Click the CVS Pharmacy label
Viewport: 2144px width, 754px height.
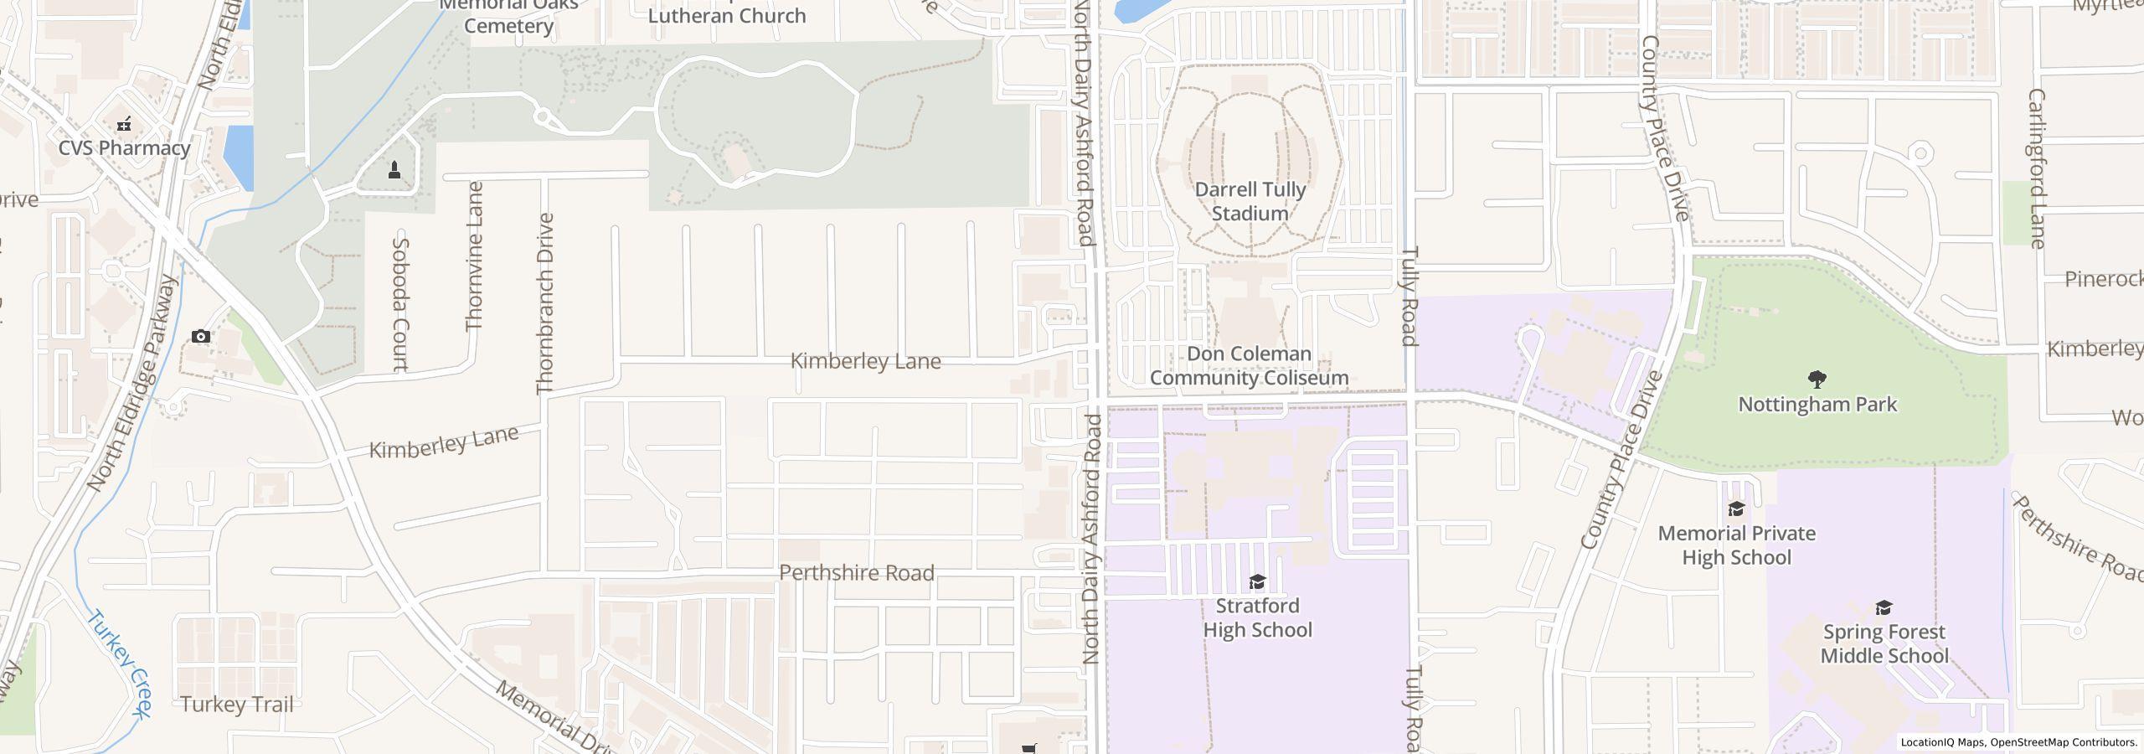[124, 148]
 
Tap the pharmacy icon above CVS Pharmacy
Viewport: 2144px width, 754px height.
[124, 125]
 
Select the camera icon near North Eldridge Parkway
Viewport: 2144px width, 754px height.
[201, 337]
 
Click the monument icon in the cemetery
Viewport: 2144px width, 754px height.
[394, 171]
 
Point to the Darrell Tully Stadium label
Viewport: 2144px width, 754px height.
[1250, 202]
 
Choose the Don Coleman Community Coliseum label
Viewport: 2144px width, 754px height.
[1249, 366]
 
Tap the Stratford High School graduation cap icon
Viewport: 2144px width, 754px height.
[1257, 582]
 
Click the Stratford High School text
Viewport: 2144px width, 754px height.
[1257, 618]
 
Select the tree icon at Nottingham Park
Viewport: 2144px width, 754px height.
[1817, 380]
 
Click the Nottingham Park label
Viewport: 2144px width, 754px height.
[1817, 405]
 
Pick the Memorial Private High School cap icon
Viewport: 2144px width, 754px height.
[1736, 509]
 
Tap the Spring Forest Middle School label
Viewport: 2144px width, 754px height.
[1884, 643]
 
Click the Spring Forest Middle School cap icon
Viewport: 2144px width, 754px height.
[1884, 607]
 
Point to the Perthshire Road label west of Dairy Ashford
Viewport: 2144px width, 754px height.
[856, 573]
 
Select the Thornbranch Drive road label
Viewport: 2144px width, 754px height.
[546, 303]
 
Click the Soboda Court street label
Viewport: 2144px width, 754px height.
[400, 303]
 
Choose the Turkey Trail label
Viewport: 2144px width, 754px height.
[237, 705]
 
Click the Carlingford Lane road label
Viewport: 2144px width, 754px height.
[2037, 168]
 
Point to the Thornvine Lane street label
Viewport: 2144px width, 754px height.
[475, 256]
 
